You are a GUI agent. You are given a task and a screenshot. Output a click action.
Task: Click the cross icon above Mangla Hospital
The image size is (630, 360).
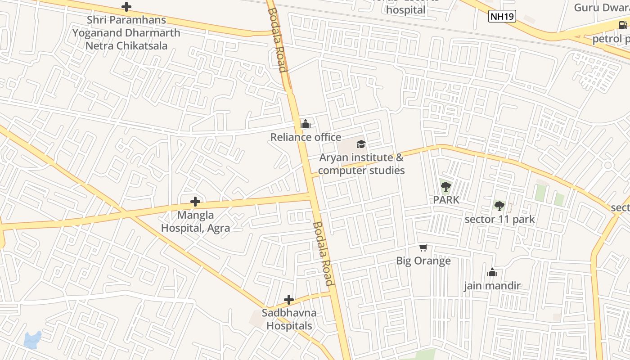pyautogui.click(x=195, y=201)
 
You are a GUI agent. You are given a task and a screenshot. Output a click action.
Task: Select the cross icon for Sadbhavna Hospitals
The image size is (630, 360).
pyautogui.click(x=289, y=299)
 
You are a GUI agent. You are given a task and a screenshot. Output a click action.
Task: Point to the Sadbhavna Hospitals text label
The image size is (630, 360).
pyautogui.click(x=289, y=319)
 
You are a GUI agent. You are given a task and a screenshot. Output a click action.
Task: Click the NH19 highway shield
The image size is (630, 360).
pyautogui.click(x=502, y=17)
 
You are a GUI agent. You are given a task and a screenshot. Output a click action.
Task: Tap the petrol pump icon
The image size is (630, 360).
pyautogui.click(x=622, y=25)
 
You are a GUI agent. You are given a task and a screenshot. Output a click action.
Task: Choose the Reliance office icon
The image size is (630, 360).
pyautogui.click(x=306, y=124)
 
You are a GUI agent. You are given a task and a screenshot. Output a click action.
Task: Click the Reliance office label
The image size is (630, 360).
pyautogui.click(x=306, y=137)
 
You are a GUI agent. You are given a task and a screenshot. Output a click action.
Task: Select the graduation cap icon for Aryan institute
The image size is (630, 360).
pyautogui.click(x=361, y=144)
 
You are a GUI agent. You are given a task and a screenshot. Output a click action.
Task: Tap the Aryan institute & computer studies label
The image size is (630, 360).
pyautogui.click(x=361, y=164)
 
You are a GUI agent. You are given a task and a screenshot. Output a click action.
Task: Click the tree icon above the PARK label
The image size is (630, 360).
pyautogui.click(x=445, y=186)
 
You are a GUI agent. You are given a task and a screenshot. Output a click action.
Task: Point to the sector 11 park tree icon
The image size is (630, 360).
pyautogui.click(x=499, y=206)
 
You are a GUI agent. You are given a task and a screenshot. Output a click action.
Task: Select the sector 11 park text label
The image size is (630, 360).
pyautogui.click(x=499, y=220)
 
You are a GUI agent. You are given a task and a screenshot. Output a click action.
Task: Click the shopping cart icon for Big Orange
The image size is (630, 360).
pyautogui.click(x=423, y=247)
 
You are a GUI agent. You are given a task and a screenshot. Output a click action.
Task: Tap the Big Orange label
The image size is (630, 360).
pyautogui.click(x=423, y=261)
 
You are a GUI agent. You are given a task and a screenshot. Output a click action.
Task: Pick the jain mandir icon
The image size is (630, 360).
pyautogui.click(x=492, y=272)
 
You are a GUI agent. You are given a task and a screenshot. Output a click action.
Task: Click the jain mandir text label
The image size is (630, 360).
pyautogui.click(x=492, y=286)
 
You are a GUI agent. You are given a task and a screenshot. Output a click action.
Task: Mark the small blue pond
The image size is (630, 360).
pyautogui.click(x=32, y=340)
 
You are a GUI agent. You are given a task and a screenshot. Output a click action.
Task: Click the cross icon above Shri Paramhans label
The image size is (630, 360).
pyautogui.click(x=126, y=7)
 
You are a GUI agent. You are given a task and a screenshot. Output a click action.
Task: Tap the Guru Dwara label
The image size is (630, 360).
pyautogui.click(x=601, y=8)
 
